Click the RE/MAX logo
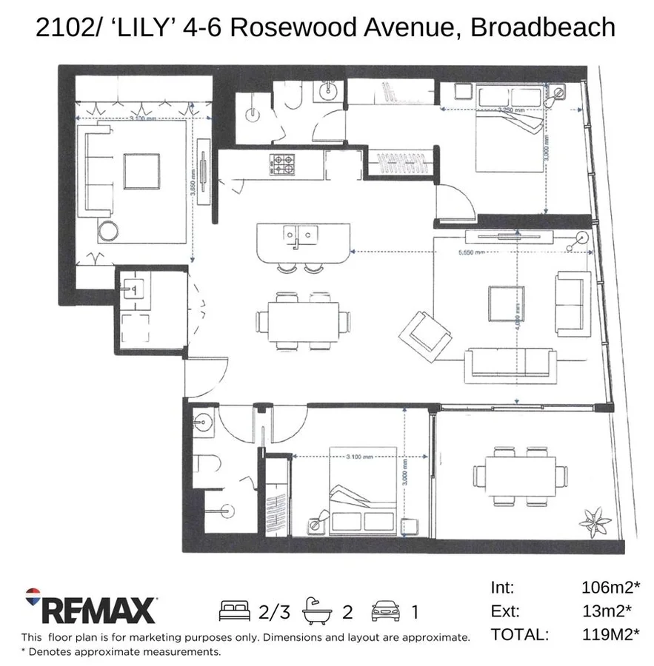pos(90,610)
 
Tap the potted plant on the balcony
pos(593,517)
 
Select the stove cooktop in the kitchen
pos(283,164)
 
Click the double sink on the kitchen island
pos(300,235)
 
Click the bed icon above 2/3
pos(236,610)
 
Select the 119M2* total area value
pos(610,634)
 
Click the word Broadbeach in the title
pos(543,27)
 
